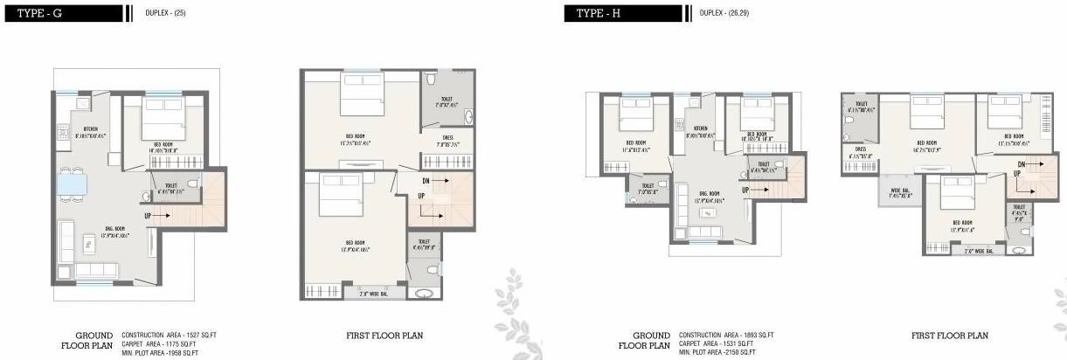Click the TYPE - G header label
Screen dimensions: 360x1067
click(x=36, y=13)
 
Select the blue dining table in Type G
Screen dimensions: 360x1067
click(x=73, y=184)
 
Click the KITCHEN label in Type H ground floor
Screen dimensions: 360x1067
click(x=700, y=131)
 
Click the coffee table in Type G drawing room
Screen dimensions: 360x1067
click(x=88, y=242)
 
